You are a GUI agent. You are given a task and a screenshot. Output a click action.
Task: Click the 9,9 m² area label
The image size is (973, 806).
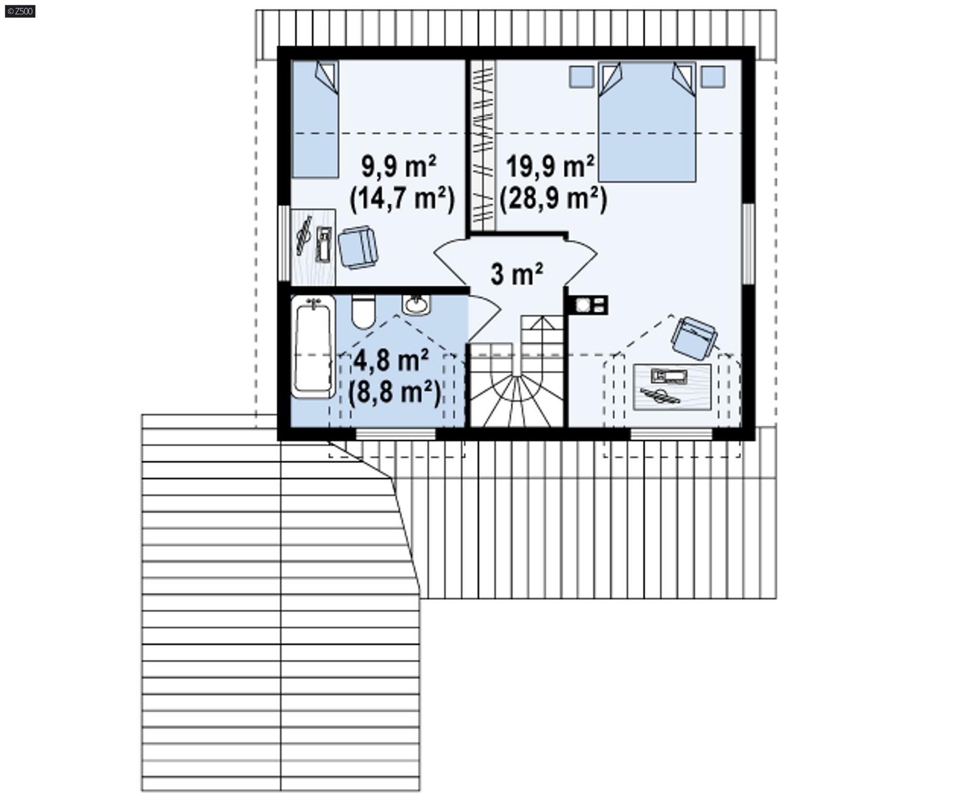pyautogui.click(x=398, y=166)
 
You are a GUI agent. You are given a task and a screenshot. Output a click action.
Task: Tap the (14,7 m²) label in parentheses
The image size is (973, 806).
pyautogui.click(x=402, y=198)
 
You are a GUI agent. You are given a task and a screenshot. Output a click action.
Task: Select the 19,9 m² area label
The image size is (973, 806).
pyautogui.click(x=550, y=166)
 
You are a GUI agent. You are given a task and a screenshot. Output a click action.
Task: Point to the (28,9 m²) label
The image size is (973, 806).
pyautogui.click(x=553, y=198)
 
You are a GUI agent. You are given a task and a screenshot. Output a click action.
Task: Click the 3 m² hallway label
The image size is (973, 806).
pyautogui.click(x=516, y=274)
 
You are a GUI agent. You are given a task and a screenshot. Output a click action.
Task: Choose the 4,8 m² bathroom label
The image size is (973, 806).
pyautogui.click(x=391, y=361)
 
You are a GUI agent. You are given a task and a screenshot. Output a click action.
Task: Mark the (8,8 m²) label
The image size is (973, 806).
pyautogui.click(x=394, y=392)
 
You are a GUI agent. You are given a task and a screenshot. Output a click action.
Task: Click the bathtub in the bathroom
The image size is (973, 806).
pyautogui.click(x=313, y=347)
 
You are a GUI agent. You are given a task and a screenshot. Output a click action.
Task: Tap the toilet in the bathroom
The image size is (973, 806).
pyautogui.click(x=364, y=311)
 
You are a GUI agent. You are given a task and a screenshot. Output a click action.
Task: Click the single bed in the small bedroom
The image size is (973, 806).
pyautogui.click(x=315, y=119)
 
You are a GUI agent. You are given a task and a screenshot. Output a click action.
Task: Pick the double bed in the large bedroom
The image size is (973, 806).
pyautogui.click(x=646, y=122)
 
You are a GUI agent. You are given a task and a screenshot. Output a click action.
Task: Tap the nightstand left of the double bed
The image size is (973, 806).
pyautogui.click(x=581, y=77)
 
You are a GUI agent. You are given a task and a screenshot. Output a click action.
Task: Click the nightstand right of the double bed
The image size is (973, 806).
pyautogui.click(x=712, y=77)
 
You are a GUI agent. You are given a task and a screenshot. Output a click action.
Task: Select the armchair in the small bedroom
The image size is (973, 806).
pyautogui.click(x=358, y=247)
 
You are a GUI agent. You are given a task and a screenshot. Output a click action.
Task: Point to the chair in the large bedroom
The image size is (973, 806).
pyautogui.click(x=694, y=338)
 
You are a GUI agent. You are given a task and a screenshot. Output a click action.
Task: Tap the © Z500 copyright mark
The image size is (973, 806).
pyautogui.click(x=19, y=11)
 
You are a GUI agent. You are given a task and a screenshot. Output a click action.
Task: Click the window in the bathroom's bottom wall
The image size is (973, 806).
pyautogui.click(x=395, y=434)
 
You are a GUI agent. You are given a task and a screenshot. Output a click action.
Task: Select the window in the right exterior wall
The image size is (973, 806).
pyautogui.click(x=749, y=243)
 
